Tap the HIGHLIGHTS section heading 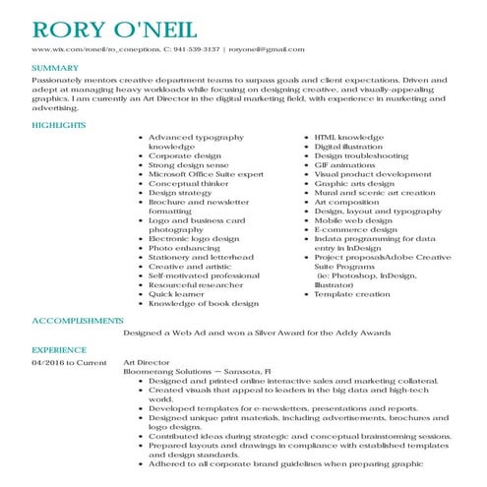pyautogui.click(x=58, y=125)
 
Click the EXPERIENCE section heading pyautogui.click(x=59, y=349)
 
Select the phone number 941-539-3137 pyautogui.click(x=197, y=48)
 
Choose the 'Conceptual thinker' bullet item pyautogui.click(x=188, y=184)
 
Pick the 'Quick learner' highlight pyautogui.click(x=177, y=294)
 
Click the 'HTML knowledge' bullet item pyautogui.click(x=348, y=138)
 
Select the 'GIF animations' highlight pyautogui.click(x=346, y=165)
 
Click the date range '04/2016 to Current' pyautogui.click(x=68, y=362)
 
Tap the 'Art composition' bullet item pyautogui.click(x=348, y=202)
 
